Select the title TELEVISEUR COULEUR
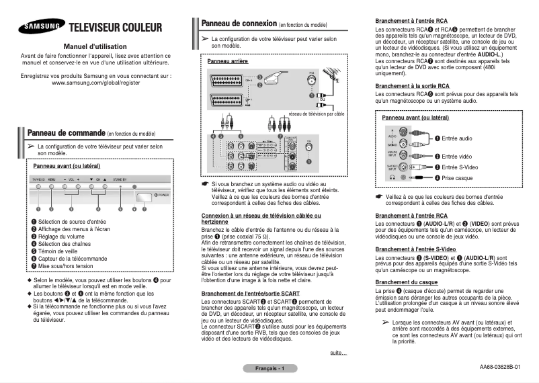click(116, 28)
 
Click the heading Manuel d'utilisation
click(95, 46)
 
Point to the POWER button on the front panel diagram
click(143, 196)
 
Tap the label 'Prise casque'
click(459, 177)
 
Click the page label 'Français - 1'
click(269, 369)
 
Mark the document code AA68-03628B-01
click(500, 368)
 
